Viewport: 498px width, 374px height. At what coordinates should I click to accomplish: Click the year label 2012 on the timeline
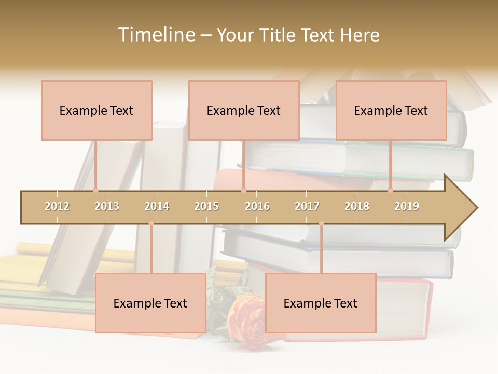pos(57,206)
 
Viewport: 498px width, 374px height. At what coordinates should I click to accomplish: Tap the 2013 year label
pos(107,206)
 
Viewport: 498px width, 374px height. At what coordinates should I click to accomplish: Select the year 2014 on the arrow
pos(157,206)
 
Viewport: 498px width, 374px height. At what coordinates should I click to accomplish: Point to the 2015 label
pos(206,206)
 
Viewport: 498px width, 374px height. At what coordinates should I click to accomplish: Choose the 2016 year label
pos(257,206)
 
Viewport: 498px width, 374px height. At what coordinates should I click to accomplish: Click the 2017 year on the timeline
pos(307,206)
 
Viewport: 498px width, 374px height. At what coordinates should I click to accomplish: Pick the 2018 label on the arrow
pos(357,206)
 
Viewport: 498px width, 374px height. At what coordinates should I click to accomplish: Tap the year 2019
pos(407,206)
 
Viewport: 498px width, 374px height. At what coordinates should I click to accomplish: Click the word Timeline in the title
pos(155,35)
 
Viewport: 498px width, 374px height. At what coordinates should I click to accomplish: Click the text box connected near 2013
pos(96,110)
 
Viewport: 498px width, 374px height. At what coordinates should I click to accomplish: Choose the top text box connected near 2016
pos(244,110)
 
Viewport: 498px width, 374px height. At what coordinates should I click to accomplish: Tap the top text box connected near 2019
pos(391,110)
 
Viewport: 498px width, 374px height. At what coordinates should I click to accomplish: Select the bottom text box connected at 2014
pos(150,303)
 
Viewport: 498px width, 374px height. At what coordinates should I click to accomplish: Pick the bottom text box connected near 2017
pos(321,303)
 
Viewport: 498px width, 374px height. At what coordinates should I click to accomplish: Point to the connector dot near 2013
pos(96,190)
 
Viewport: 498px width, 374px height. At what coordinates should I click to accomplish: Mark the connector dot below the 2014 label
pos(151,223)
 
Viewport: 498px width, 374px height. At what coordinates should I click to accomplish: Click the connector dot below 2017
pos(321,223)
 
